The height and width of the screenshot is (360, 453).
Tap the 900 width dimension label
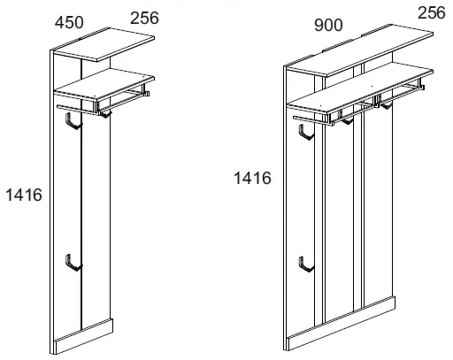(x=329, y=26)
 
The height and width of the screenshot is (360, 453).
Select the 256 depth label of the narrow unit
(x=146, y=17)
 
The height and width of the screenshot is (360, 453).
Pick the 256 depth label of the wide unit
(x=431, y=12)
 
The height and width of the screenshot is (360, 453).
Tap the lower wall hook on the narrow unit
(x=72, y=262)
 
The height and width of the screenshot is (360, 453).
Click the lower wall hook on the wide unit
(x=305, y=264)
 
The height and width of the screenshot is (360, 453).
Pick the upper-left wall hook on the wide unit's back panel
(x=305, y=132)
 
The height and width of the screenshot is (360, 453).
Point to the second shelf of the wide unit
(x=354, y=96)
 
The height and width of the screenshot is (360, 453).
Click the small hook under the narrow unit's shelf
(x=105, y=111)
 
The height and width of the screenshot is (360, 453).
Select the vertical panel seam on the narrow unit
(x=82, y=221)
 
